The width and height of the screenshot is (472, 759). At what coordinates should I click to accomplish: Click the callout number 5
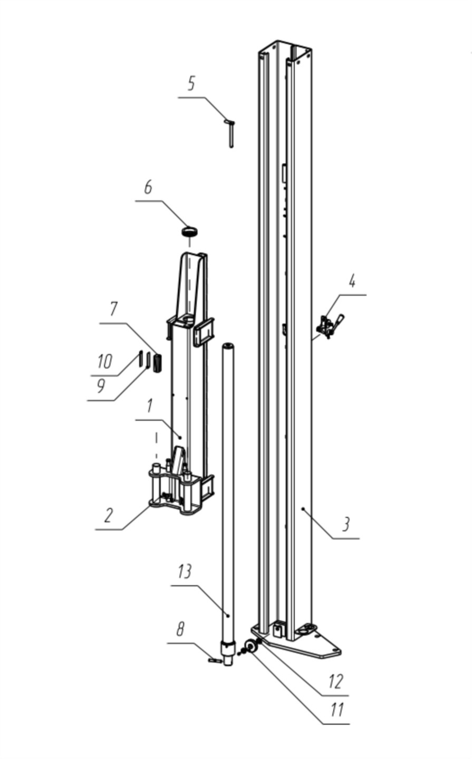coord(191,83)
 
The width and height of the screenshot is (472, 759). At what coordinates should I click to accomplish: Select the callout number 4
coord(352,281)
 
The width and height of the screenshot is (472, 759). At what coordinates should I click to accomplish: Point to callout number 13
coord(185,571)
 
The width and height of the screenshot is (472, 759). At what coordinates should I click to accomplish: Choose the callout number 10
coord(104,362)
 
